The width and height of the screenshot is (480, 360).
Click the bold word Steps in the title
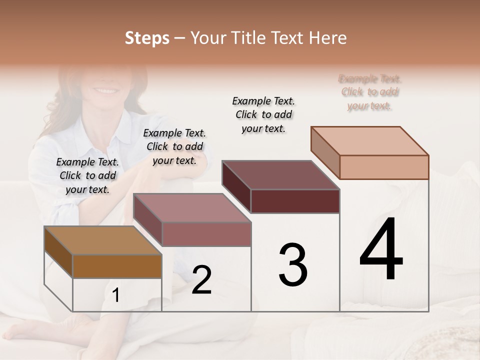(147, 38)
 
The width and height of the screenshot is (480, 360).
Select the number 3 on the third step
(293, 264)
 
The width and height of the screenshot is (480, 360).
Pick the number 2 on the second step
(201, 280)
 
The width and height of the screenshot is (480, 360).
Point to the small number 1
(115, 295)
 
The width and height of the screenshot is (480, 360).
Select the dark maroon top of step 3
(280, 175)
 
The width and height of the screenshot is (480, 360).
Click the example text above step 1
(87, 175)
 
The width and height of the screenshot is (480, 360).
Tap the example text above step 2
(174, 146)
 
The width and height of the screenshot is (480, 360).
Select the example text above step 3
(263, 114)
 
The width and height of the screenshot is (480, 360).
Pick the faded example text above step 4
(369, 92)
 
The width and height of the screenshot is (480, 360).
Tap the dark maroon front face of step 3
(295, 201)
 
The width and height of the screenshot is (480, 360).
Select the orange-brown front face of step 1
(117, 266)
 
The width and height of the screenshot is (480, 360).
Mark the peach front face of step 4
(384, 167)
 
